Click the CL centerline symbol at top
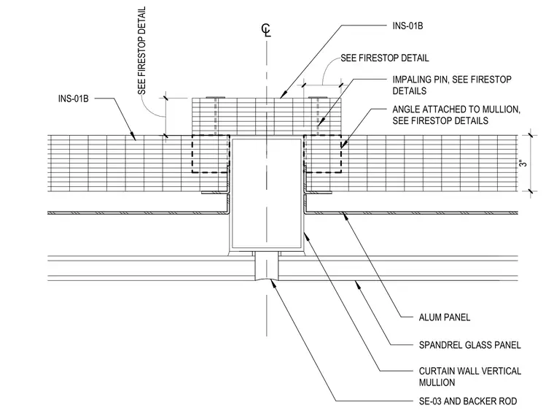(266, 31)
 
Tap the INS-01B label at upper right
(407, 26)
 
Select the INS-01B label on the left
(73, 99)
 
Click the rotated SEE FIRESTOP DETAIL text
(141, 50)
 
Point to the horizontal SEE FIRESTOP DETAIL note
(385, 58)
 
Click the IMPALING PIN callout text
(452, 85)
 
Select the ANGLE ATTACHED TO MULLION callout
(456, 115)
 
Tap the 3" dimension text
(523, 163)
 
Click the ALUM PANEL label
(445, 317)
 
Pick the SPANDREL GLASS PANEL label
(470, 345)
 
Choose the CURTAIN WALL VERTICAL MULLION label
(470, 377)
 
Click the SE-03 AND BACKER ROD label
(468, 401)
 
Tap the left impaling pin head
(216, 97)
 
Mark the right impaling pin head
(318, 97)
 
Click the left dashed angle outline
(192, 154)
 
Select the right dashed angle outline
(341, 154)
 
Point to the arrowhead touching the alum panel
(346, 216)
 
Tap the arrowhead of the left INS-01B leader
(133, 136)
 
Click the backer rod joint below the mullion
(267, 266)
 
